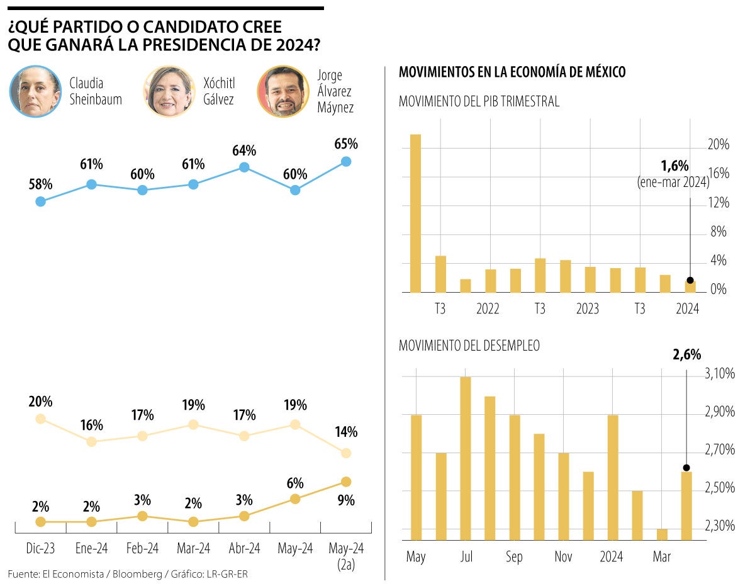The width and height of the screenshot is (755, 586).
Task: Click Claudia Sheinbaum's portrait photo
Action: pyautogui.click(x=35, y=91)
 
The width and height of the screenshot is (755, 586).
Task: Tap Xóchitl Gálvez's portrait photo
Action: pyautogui.click(x=169, y=92)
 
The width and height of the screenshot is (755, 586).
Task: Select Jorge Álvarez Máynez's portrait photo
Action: pyautogui.click(x=283, y=92)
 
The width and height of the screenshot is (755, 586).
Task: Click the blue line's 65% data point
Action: pyautogui.click(x=345, y=162)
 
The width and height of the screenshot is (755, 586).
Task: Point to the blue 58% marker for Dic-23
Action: pyautogui.click(x=41, y=201)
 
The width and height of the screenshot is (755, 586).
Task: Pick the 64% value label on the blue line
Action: pyautogui.click(x=244, y=151)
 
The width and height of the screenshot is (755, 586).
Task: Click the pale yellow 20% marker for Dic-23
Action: pyautogui.click(x=41, y=419)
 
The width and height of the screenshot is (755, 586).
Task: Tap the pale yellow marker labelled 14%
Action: pyautogui.click(x=345, y=453)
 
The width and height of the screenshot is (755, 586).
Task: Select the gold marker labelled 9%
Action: pyautogui.click(x=345, y=482)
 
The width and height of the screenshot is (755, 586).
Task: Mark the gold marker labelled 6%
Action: pyautogui.click(x=295, y=499)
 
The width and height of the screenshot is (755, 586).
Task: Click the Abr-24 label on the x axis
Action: pyautogui.click(x=244, y=549)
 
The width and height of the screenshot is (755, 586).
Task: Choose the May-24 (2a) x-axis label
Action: pyautogui.click(x=345, y=556)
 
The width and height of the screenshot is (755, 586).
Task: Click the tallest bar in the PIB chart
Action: pyautogui.click(x=415, y=214)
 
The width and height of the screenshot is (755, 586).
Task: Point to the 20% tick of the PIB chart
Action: pyautogui.click(x=719, y=145)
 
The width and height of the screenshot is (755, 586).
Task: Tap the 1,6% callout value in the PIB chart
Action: pyautogui.click(x=674, y=166)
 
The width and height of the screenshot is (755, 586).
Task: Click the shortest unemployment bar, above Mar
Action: pyautogui.click(x=662, y=534)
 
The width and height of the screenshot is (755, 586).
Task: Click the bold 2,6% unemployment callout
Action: pyautogui.click(x=686, y=355)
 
